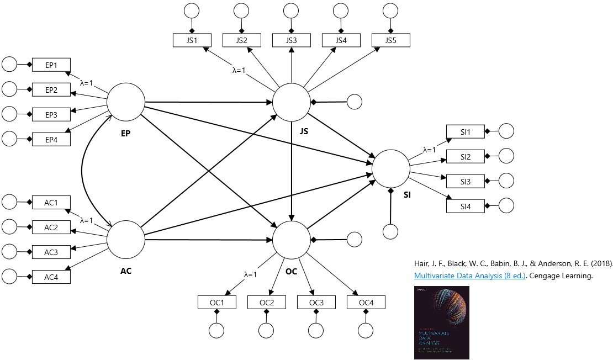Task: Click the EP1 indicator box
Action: [51, 65]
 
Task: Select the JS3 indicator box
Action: [291, 40]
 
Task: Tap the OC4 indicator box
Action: [366, 303]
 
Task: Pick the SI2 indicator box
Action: [465, 157]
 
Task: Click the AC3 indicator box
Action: [51, 251]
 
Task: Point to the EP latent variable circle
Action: [125, 102]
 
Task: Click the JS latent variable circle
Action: [292, 102]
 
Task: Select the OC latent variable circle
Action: [292, 240]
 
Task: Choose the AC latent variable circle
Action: [125, 240]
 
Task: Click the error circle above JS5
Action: [390, 10]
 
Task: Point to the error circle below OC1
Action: [217, 330]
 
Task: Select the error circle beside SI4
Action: [506, 205]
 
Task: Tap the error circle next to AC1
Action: [10, 202]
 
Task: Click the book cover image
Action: [441, 322]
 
